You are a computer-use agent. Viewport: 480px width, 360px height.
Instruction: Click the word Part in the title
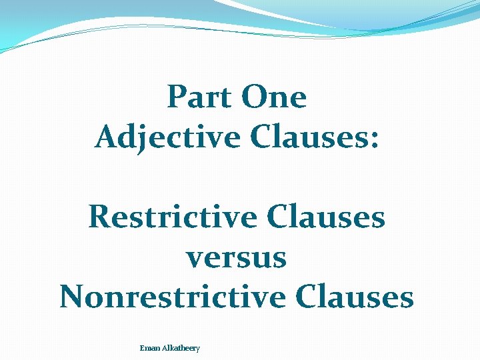point(199,97)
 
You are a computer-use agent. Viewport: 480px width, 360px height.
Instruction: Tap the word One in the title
point(274,97)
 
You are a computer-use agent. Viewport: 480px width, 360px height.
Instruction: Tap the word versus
point(237,258)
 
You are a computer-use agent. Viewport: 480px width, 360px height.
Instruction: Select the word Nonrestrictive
point(173,297)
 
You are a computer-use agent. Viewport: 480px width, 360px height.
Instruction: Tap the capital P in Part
point(176,97)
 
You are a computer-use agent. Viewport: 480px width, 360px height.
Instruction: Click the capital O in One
point(254,97)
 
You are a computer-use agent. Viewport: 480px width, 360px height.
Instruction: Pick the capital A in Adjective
point(106,137)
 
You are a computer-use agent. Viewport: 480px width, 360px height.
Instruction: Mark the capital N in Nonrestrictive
point(71,297)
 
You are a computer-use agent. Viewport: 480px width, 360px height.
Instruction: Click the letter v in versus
point(193,259)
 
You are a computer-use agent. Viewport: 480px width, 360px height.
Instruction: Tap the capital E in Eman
point(142,348)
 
